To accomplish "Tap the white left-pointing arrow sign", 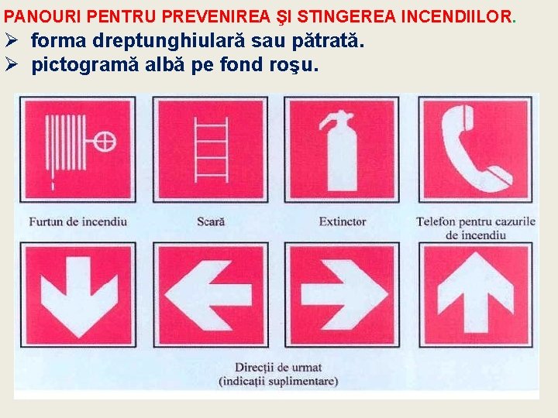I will pyautogui.click(x=209, y=294).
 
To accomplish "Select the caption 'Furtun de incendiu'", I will pyautogui.click(x=77, y=221).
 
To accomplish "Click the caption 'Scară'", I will pyautogui.click(x=210, y=221).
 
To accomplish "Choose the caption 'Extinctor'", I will pyautogui.click(x=342, y=221).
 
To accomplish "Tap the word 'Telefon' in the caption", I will pyautogui.click(x=435, y=221).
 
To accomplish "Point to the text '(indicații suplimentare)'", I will pyautogui.click(x=278, y=381).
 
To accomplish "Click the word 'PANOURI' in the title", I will pyautogui.click(x=41, y=15).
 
